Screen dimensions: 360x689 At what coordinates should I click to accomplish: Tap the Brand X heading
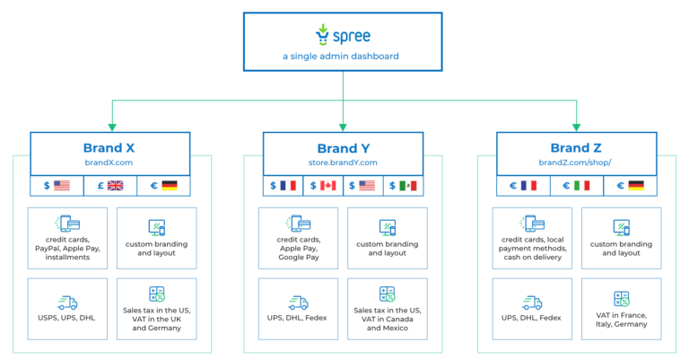pyautogui.click(x=110, y=148)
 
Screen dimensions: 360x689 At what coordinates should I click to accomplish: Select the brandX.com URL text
pyautogui.click(x=109, y=163)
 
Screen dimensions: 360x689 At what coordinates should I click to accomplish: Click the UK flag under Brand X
pyautogui.click(x=116, y=186)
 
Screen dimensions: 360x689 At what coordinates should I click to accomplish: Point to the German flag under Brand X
pyautogui.click(x=170, y=186)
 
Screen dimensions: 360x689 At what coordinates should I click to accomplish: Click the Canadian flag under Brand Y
pyautogui.click(x=328, y=186)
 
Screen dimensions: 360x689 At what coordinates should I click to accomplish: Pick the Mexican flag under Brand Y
pyautogui.click(x=407, y=186)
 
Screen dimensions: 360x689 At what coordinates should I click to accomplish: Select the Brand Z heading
pyautogui.click(x=577, y=148)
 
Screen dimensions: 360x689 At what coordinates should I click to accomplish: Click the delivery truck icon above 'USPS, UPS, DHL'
pyautogui.click(x=67, y=303)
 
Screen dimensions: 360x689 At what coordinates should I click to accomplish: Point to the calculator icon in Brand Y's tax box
pyautogui.click(x=388, y=294)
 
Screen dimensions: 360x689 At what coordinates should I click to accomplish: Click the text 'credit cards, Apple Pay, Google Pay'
pyautogui.click(x=298, y=248)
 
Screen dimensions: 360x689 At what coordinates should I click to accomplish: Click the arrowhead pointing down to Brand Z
pyautogui.click(x=576, y=127)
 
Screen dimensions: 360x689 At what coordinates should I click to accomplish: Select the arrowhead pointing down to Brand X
pyautogui.click(x=110, y=127)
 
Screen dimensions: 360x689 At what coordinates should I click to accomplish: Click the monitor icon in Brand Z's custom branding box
pyautogui.click(x=621, y=227)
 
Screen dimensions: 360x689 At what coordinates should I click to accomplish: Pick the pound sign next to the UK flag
pyautogui.click(x=100, y=186)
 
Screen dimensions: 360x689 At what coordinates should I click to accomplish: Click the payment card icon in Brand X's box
pyautogui.click(x=68, y=224)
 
